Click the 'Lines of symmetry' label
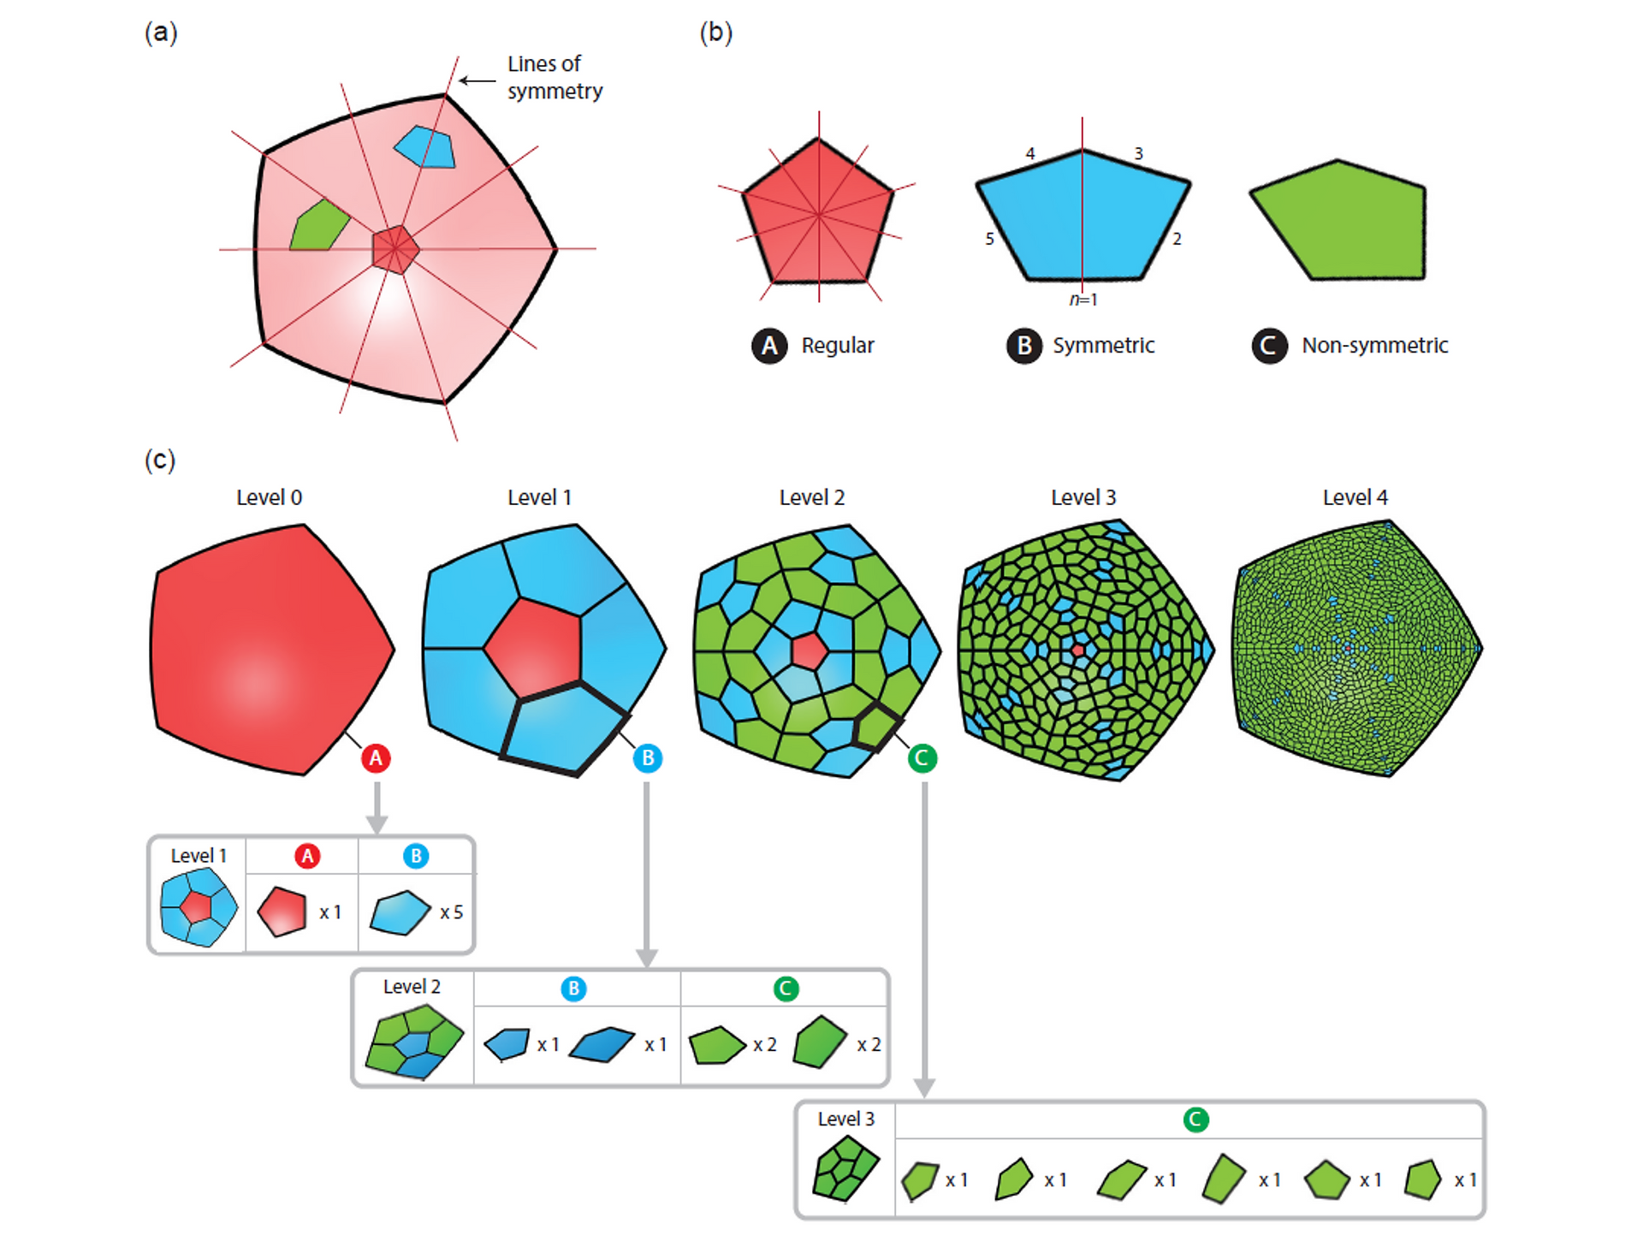555,77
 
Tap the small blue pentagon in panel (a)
425,147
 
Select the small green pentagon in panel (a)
319,226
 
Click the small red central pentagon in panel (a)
395,249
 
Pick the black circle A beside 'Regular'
769,346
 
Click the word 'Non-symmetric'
1374,346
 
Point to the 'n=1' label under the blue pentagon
1083,300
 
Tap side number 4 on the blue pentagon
1030,154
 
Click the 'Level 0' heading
269,497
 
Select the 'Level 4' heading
1355,497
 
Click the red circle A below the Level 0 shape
376,758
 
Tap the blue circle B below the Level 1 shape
648,758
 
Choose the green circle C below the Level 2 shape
922,758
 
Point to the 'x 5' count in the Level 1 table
451,912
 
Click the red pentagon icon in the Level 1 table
282,911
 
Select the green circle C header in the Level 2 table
786,989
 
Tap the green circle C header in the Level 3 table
1195,1119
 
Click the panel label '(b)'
715,33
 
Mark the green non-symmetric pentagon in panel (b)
1338,220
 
